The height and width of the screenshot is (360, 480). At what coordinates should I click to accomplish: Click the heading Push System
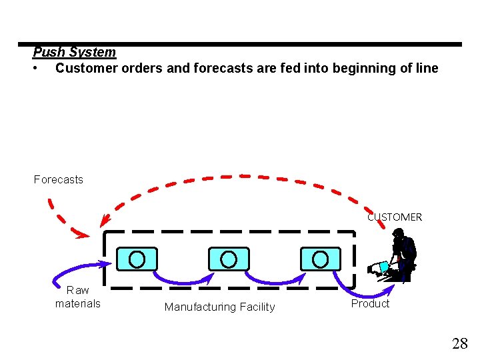click(x=74, y=52)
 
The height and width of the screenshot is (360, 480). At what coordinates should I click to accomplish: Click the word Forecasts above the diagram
click(x=59, y=179)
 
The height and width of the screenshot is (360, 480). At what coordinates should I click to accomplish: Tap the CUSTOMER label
click(x=395, y=217)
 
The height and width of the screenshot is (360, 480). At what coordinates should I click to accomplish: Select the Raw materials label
click(x=78, y=297)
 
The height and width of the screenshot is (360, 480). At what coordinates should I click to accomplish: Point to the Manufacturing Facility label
click(x=219, y=307)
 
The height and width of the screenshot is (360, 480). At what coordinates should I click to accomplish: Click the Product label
click(x=370, y=303)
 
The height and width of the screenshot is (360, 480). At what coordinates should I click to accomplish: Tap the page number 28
click(x=459, y=343)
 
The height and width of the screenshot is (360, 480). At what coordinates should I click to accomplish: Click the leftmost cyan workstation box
click(x=137, y=258)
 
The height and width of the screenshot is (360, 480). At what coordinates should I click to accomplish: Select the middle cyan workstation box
click(x=229, y=258)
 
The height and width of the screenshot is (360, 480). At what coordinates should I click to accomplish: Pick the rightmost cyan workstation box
click(x=320, y=258)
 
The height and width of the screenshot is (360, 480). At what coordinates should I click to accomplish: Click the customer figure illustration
click(x=399, y=257)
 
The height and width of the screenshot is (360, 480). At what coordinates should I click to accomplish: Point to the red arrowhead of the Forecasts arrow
click(x=81, y=234)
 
